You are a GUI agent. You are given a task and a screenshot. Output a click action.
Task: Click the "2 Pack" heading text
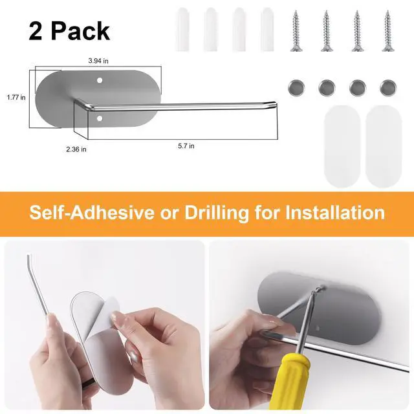69,31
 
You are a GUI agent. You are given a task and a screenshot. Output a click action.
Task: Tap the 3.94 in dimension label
98,61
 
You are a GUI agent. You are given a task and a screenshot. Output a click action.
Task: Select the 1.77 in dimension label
16,98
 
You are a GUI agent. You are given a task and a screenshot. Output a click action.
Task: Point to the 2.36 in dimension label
76,149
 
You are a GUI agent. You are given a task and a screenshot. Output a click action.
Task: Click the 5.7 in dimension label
186,146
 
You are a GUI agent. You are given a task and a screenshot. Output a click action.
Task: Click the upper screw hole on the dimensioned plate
100,80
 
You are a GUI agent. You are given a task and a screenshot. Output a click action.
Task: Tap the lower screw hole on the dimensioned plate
100,118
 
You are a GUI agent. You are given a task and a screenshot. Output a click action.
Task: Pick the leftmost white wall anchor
182,30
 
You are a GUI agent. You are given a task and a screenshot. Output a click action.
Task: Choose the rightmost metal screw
387,31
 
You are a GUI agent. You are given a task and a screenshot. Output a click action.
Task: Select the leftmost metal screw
296,31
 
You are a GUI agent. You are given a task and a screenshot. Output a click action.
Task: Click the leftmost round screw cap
296,88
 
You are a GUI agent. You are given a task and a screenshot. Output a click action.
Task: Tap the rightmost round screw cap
388,88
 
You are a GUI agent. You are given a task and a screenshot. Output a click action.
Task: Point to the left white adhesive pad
342,147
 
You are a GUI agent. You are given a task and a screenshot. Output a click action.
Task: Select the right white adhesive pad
384,147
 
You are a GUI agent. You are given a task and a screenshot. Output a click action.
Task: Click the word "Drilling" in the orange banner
217,213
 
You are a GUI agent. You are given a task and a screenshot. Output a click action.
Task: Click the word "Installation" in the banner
335,213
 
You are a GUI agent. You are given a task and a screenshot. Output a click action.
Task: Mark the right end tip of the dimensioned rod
276,103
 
